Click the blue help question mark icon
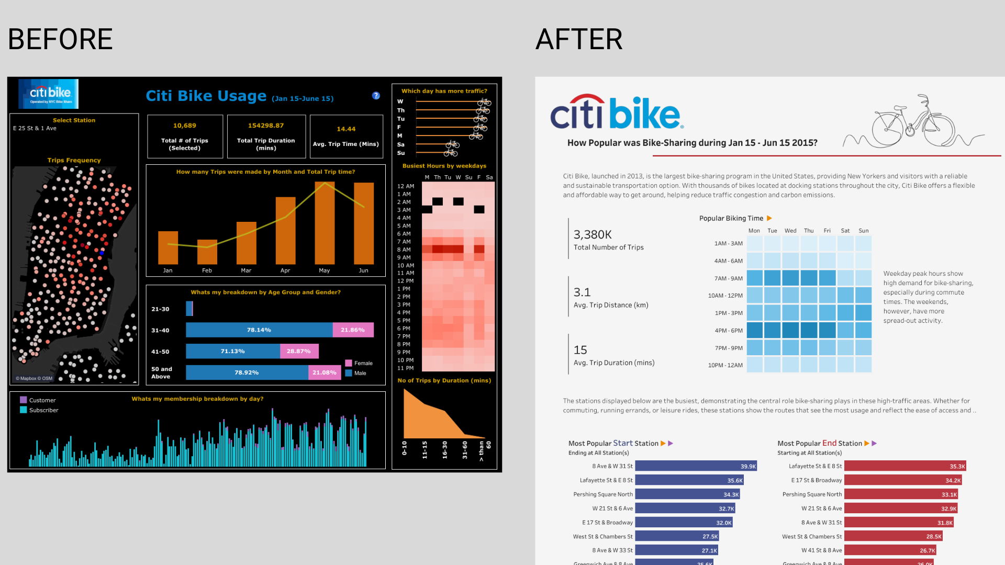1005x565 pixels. (x=376, y=96)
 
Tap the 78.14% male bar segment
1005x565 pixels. (x=259, y=330)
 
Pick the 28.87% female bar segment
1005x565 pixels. (x=299, y=351)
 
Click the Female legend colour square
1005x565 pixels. (x=349, y=363)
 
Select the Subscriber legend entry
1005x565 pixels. (x=44, y=410)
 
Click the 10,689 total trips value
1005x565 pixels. (x=185, y=126)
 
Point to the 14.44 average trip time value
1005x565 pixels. (x=346, y=129)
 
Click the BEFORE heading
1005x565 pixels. (x=60, y=39)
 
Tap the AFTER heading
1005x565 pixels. (x=579, y=39)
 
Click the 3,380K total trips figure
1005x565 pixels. (x=593, y=234)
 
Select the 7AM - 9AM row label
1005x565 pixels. (x=728, y=278)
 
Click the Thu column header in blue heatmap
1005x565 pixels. (x=809, y=231)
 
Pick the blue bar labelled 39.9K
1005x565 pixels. (x=696, y=466)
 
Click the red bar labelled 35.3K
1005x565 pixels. (x=904, y=466)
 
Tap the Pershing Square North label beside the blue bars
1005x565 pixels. (x=603, y=494)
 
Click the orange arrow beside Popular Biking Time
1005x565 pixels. (x=769, y=218)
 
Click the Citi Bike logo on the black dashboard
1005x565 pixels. (x=49, y=94)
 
